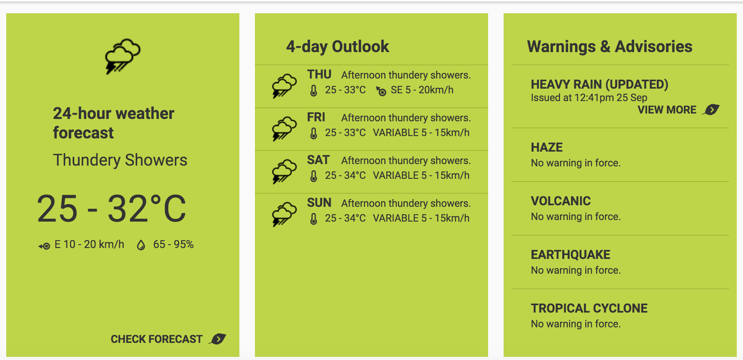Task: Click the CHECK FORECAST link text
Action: [x=157, y=339]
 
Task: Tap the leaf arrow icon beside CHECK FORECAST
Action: [x=218, y=339]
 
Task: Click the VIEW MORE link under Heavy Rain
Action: [x=667, y=110]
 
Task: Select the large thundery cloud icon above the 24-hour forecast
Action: [x=123, y=56]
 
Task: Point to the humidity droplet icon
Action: [x=141, y=245]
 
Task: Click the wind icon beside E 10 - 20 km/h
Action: [x=44, y=246]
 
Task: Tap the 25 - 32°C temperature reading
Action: [x=112, y=208]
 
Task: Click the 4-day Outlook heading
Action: [x=338, y=47]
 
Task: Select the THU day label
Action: [x=319, y=74]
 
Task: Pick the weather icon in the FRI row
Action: [x=284, y=129]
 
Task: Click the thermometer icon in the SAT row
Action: [x=314, y=176]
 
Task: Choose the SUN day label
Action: [x=319, y=203]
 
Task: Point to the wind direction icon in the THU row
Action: [x=381, y=91]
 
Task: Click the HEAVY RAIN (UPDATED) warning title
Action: [x=600, y=84]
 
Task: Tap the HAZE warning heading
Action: [x=547, y=147]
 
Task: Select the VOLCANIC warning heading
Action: [x=561, y=201]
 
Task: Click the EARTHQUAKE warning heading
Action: [x=570, y=255]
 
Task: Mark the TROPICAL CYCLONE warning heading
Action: [x=589, y=308]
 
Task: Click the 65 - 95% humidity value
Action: [x=173, y=244]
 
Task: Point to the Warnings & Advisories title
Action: [x=610, y=47]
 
